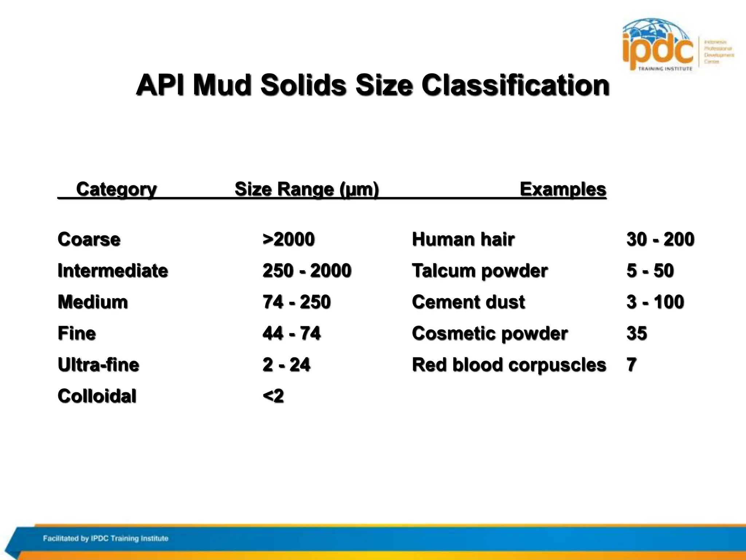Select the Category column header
(116, 189)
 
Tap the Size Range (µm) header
(307, 189)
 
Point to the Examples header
(563, 189)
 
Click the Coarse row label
(89, 240)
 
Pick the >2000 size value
(288, 240)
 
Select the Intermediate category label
(113, 271)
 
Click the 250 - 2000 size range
(307, 271)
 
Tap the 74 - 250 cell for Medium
(297, 302)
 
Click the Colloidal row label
(97, 396)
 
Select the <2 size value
(273, 396)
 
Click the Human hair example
(463, 240)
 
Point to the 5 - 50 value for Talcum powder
(650, 271)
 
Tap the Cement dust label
(468, 302)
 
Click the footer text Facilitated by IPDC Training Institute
(106, 538)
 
